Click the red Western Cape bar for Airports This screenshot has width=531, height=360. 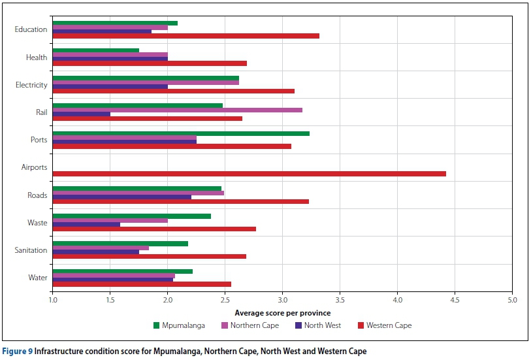tap(249, 174)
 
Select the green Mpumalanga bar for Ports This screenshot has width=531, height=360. tap(181, 133)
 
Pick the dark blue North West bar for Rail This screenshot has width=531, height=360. tap(81, 114)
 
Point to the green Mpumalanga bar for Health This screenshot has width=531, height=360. tap(95, 50)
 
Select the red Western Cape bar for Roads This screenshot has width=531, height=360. tap(180, 202)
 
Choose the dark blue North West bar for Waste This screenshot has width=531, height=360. tap(86, 225)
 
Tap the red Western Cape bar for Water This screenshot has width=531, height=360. tap(142, 284)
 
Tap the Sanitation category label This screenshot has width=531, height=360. tap(31, 250)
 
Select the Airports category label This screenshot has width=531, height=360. tap(34, 167)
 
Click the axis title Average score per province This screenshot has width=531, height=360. tap(282, 313)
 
